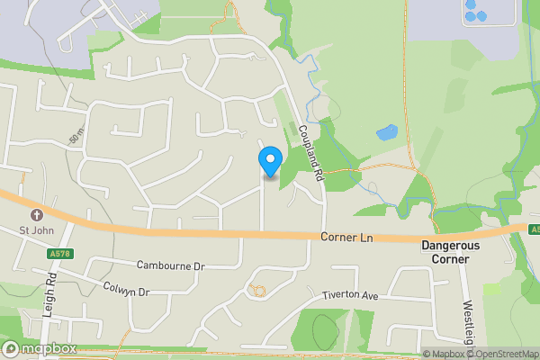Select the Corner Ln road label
[x=346, y=238]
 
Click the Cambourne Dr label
[x=171, y=266]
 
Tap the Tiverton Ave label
[x=350, y=295]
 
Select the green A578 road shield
[x=58, y=255]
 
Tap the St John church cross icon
[x=37, y=216]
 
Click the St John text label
[x=37, y=231]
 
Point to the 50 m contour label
[x=75, y=136]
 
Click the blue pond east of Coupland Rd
[x=386, y=133]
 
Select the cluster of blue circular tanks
[x=474, y=11]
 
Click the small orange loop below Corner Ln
[x=259, y=290]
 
